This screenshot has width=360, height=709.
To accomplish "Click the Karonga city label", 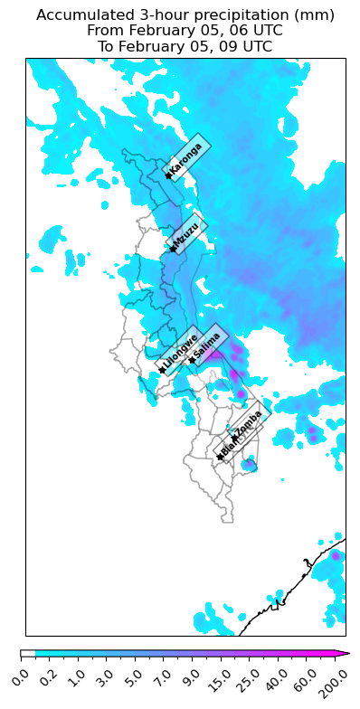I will pos(186,159).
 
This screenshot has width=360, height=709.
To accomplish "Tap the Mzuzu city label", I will pos(187,236).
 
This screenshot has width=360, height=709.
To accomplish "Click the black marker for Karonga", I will pos(168,175).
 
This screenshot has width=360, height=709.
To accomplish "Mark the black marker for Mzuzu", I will pos(173,249).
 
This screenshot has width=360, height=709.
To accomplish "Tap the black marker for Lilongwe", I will pos(162,370).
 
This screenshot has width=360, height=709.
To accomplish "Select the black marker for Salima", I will pos(192,360).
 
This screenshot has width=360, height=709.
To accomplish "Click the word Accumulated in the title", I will pos(87,15).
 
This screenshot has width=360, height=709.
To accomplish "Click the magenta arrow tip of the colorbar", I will pos(347,653).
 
